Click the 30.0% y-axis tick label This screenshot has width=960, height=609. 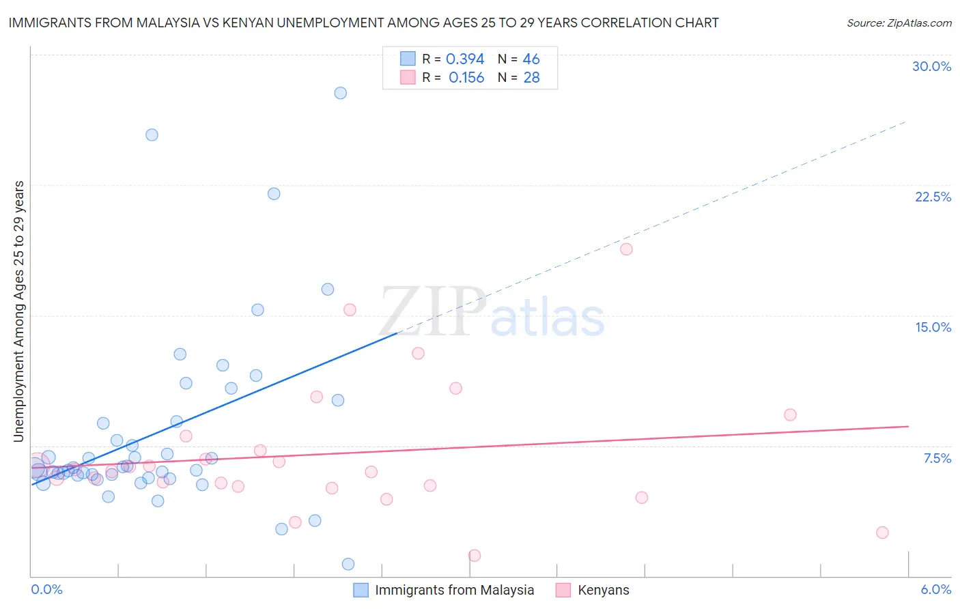pos(931,66)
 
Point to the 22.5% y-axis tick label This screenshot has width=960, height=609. pos(933,197)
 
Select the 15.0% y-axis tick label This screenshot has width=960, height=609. pos(933,327)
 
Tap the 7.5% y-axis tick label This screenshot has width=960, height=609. pos(937,458)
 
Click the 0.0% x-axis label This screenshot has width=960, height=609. pos(46,589)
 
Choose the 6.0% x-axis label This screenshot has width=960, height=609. pos(935,589)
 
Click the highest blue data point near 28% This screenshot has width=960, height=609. pos(340,93)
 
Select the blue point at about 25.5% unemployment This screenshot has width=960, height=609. pos(152,134)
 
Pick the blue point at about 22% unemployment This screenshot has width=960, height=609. pos(274,193)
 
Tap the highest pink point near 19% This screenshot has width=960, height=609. pos(626,249)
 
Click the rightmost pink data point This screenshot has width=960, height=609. pos(882,533)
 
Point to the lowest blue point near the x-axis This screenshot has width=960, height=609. pos(348,564)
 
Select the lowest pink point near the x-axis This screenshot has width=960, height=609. pos(475,556)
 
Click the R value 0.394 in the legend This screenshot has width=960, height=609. pos(465,59)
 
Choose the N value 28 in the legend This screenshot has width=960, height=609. pos(531,78)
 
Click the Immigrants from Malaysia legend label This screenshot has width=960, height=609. pos(454,590)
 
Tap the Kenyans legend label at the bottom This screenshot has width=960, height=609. pos(603,590)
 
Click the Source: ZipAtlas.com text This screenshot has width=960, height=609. pos(899,23)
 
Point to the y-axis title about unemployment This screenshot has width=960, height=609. pos(19,311)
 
